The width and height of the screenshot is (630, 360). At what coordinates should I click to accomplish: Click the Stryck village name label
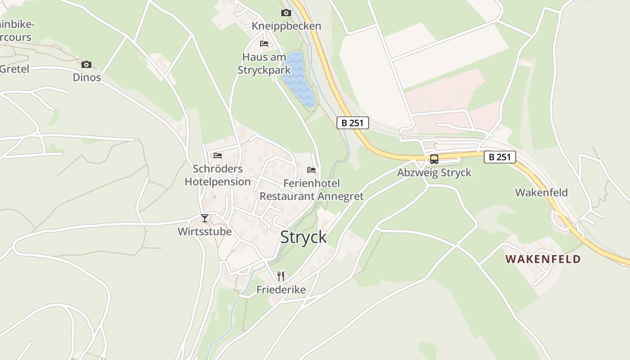[303, 237]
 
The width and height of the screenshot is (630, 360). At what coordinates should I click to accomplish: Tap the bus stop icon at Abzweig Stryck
[434, 159]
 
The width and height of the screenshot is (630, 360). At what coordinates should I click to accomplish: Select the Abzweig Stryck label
[434, 173]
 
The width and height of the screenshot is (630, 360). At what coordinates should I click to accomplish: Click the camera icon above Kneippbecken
[286, 13]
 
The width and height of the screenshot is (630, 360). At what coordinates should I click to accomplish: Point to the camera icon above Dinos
[86, 64]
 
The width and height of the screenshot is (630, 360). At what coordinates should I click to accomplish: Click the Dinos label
[87, 77]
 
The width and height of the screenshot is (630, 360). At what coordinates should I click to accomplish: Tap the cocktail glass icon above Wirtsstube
[205, 218]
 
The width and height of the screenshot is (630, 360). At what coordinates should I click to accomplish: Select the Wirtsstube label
[205, 232]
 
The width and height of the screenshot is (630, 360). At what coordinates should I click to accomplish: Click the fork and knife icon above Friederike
[281, 276]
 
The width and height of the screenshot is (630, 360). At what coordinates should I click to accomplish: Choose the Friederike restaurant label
[281, 290]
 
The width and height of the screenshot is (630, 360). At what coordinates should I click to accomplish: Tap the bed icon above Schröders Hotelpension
[218, 156]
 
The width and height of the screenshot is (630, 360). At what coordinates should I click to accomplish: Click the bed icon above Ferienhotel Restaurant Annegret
[311, 170]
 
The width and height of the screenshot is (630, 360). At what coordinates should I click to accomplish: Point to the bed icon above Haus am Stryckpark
[264, 44]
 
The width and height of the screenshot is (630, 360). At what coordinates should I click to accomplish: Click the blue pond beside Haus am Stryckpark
[298, 79]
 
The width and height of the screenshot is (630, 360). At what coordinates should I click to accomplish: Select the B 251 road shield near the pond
[353, 123]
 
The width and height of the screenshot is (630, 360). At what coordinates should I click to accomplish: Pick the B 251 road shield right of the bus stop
[499, 157]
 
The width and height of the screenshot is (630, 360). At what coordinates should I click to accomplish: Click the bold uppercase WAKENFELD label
[543, 259]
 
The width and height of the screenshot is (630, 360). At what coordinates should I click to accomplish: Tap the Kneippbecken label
[286, 26]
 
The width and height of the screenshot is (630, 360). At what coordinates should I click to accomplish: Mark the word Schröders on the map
[218, 169]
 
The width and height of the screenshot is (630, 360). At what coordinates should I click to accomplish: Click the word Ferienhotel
[311, 183]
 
